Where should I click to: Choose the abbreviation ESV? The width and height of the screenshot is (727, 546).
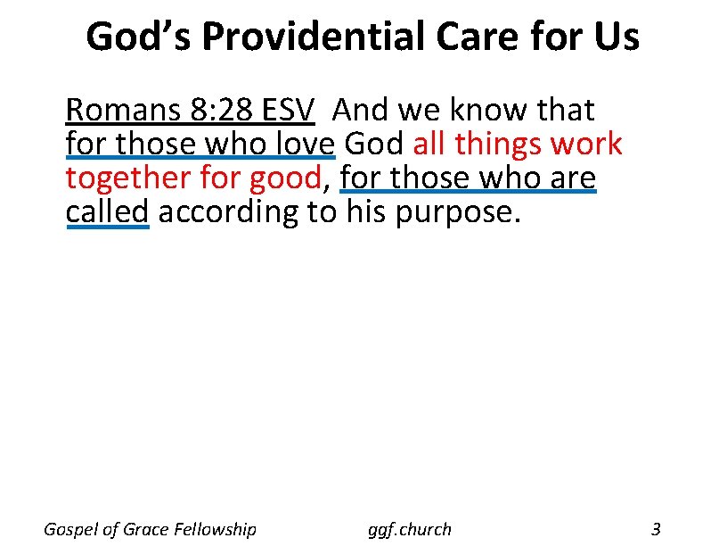point(287,111)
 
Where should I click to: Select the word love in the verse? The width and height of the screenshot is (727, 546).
point(301,145)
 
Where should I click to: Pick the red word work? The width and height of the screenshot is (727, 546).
point(587,145)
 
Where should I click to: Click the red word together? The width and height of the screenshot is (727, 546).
point(120,178)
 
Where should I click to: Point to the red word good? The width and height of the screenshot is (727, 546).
point(284,178)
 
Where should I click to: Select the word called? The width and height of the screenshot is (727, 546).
point(107,212)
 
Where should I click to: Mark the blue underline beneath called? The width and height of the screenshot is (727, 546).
point(107,227)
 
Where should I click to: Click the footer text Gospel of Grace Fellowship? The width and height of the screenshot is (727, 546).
point(150,529)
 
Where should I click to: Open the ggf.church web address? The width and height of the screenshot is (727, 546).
point(410,529)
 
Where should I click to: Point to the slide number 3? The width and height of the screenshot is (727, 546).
point(656,529)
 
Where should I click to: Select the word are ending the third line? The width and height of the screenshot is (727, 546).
point(571,178)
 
